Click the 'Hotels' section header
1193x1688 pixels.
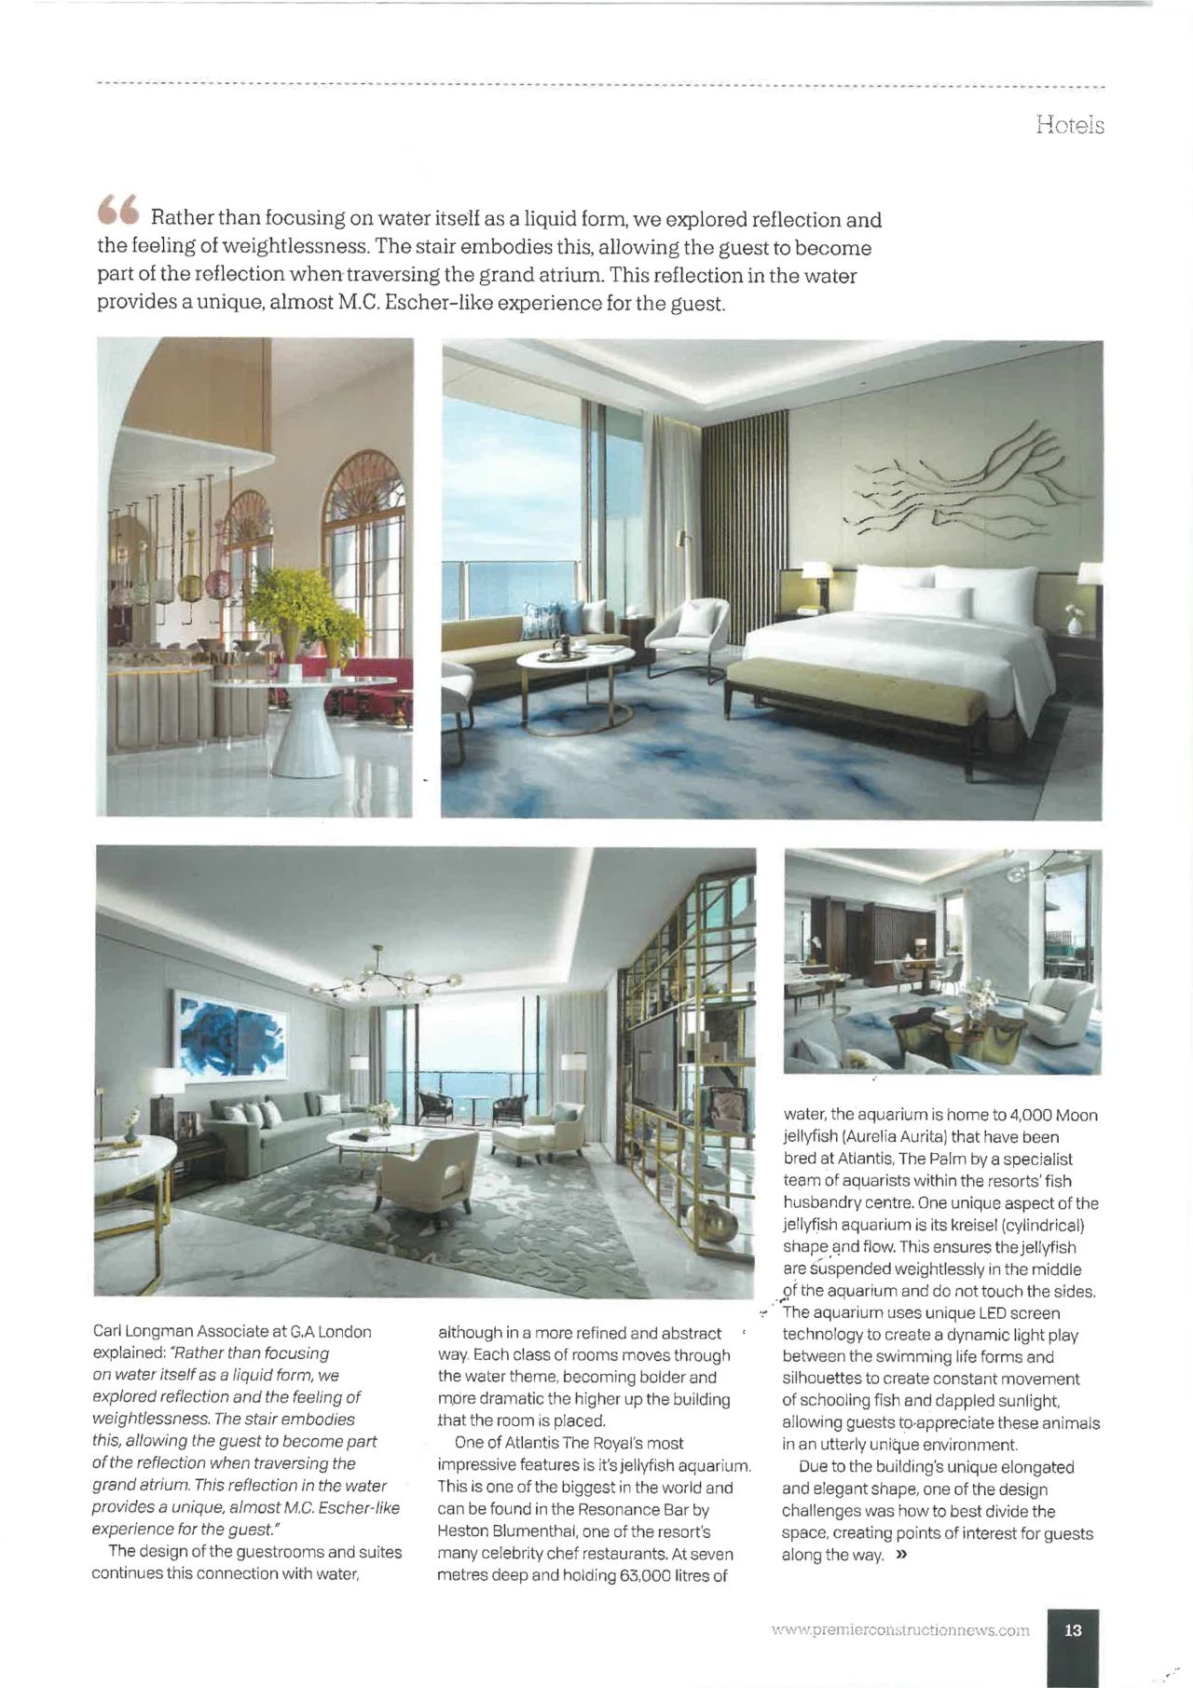[x=1069, y=125]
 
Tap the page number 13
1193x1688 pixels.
[x=1073, y=1629]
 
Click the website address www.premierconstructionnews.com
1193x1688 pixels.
[x=900, y=1630]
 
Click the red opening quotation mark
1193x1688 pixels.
[x=118, y=211]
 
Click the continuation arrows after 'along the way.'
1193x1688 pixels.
[x=900, y=1555]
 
